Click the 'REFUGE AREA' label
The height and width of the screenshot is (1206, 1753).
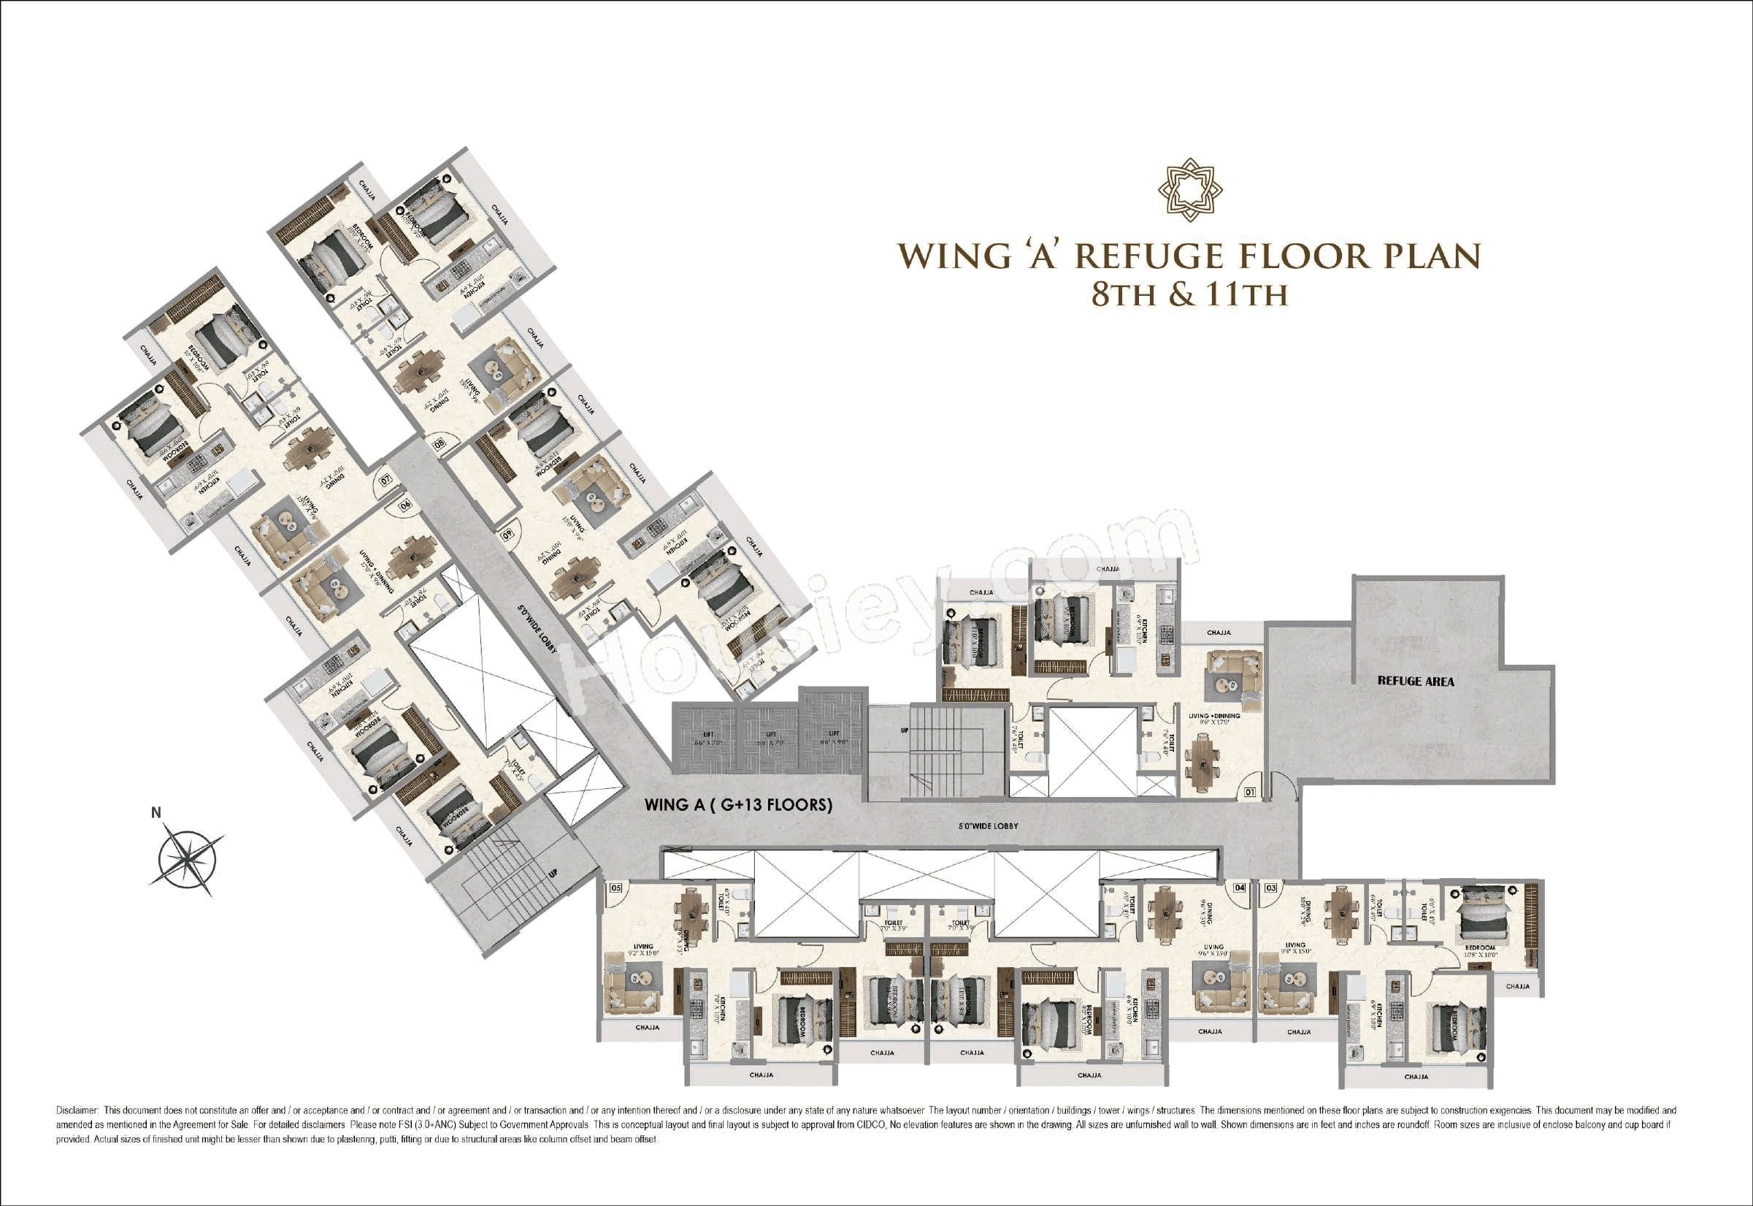click(1416, 681)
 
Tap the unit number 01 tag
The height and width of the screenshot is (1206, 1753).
click(1250, 793)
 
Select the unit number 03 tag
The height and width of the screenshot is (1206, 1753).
click(1271, 888)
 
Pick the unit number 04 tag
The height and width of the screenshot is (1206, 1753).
click(1240, 888)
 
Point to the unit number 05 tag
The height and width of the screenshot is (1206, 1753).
click(615, 888)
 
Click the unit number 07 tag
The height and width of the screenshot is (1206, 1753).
click(386, 479)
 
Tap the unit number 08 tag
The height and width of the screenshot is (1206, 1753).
click(439, 446)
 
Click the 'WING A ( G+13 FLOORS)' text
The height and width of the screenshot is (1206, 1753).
click(738, 805)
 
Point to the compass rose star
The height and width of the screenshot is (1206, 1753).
click(188, 859)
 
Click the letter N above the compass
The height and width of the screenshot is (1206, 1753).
click(156, 813)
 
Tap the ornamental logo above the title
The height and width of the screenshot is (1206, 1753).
click(1189, 190)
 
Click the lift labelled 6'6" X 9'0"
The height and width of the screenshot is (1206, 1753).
click(834, 738)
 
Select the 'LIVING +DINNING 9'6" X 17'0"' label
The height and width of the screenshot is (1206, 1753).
click(1213, 719)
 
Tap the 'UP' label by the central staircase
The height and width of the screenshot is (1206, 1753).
click(904, 730)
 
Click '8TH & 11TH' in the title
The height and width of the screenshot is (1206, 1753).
click(1189, 294)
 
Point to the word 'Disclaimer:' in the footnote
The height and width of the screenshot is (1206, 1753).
click(77, 1111)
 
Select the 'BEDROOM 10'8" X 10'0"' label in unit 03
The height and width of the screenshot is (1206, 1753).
click(1480, 950)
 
